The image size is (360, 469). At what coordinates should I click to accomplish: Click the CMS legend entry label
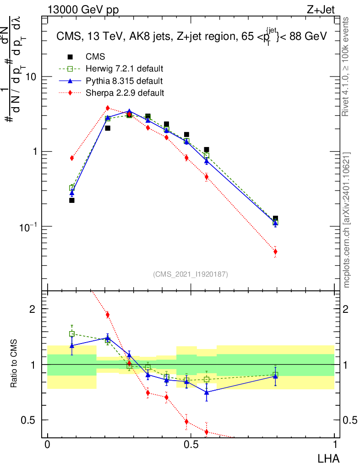(95, 57)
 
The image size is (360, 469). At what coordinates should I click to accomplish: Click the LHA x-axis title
(329, 458)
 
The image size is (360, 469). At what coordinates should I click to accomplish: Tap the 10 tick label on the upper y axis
(31, 77)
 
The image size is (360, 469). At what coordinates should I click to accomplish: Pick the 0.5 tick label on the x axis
(191, 445)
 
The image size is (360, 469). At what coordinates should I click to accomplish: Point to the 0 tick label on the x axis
(47, 445)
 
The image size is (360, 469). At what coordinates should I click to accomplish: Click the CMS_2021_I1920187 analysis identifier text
(191, 274)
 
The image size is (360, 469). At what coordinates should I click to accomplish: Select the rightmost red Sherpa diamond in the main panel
(275, 251)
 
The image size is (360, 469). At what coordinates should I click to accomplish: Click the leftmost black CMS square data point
(72, 200)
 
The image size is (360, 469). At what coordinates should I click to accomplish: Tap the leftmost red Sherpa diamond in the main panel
(72, 158)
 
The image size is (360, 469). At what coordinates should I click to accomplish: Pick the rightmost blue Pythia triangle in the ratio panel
(275, 376)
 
